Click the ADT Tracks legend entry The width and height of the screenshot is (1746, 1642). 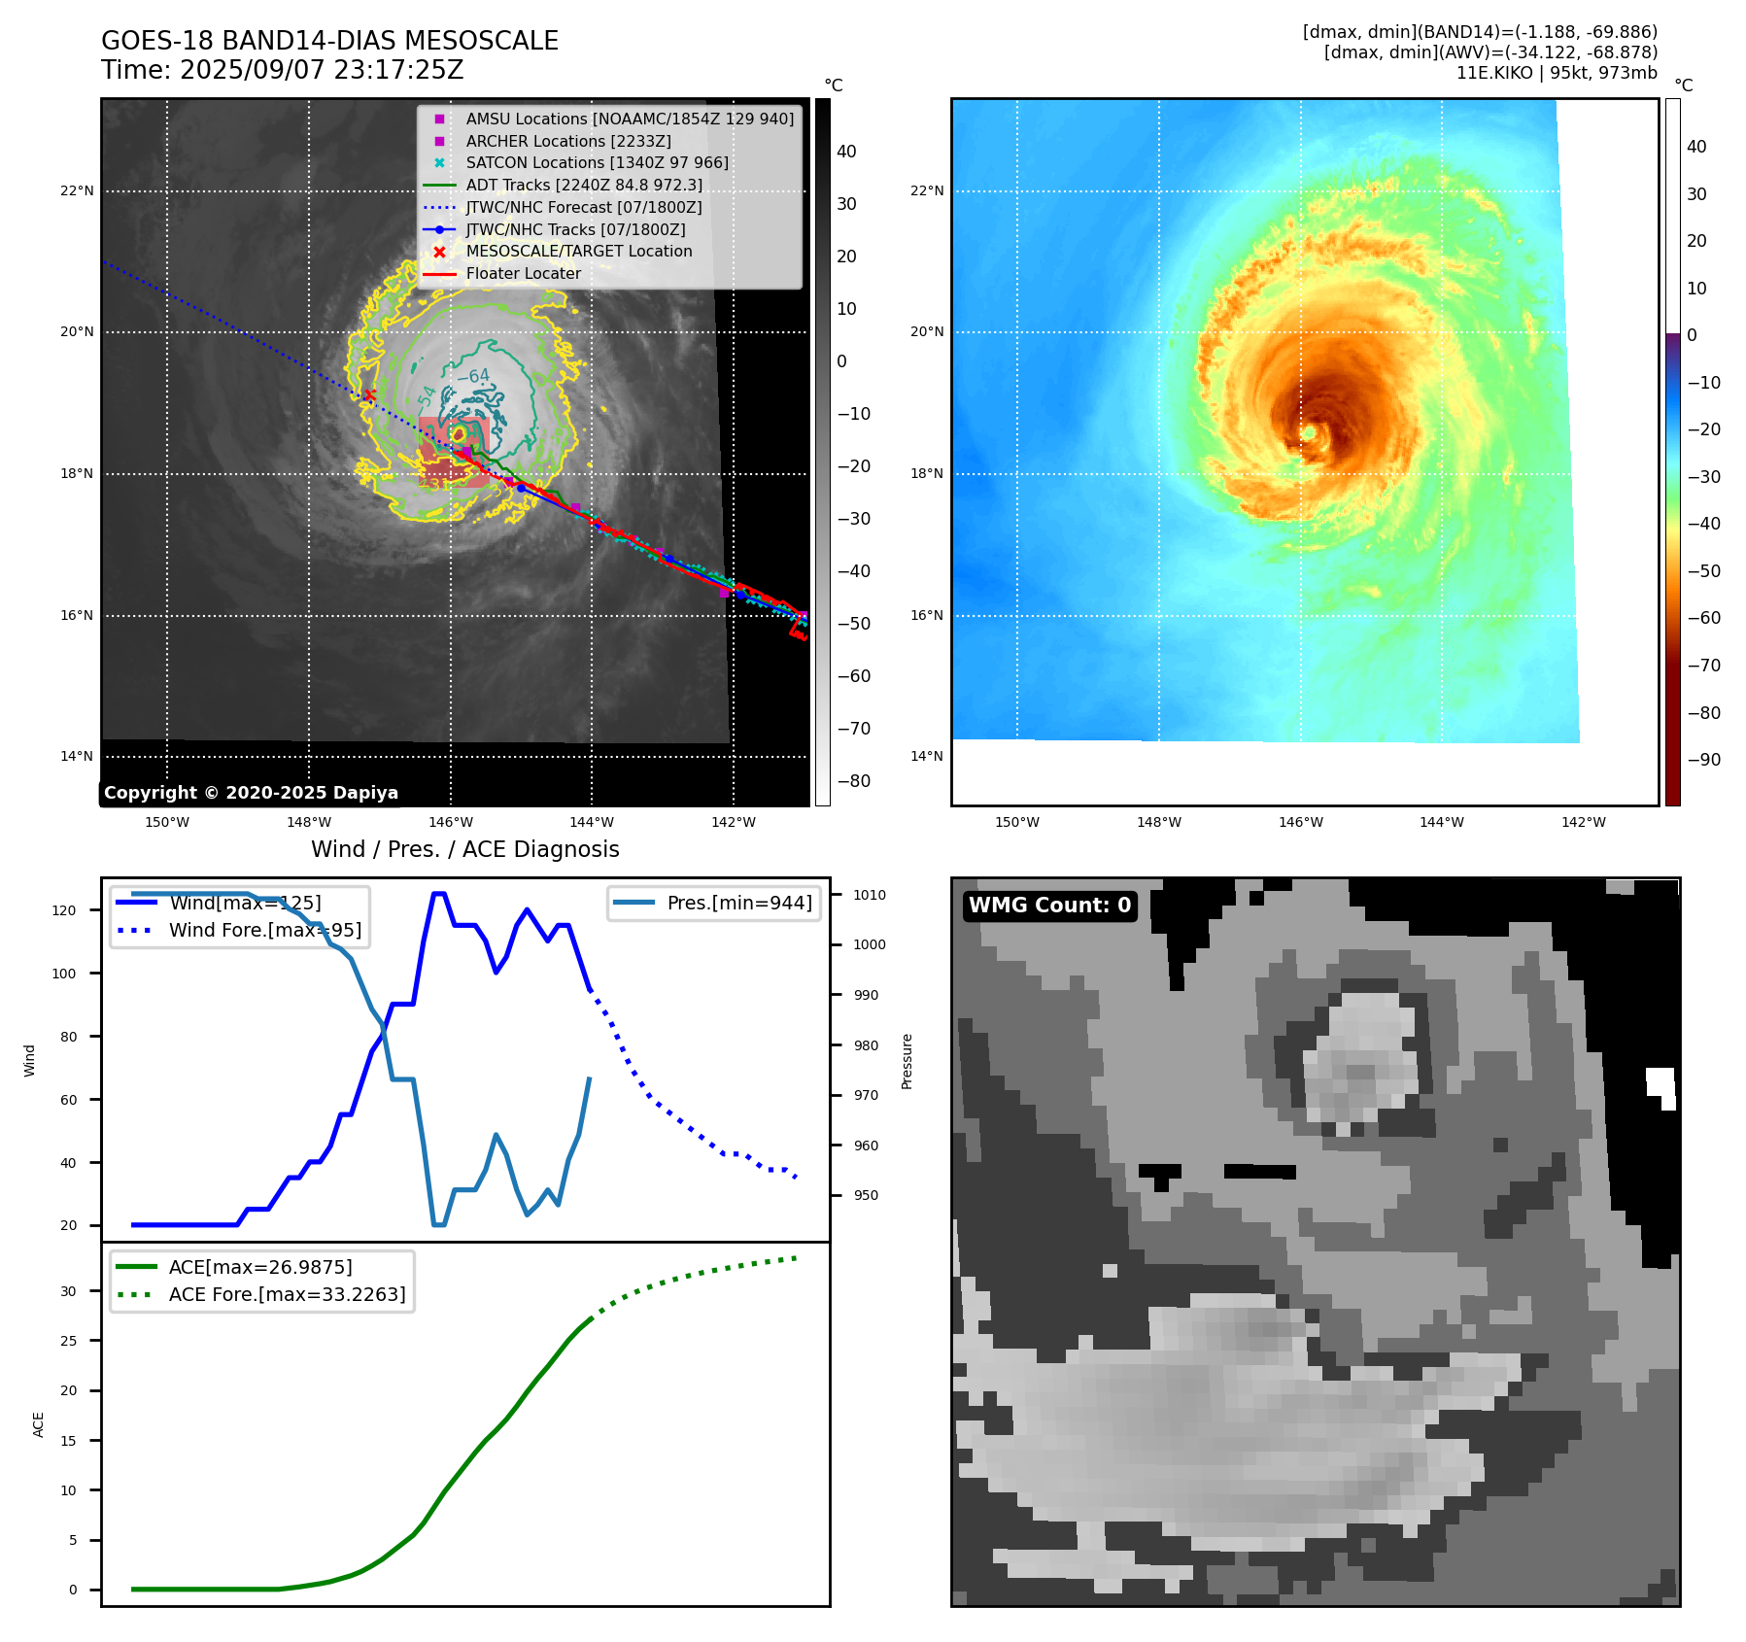[x=583, y=185]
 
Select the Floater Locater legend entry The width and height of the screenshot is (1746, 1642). [x=523, y=273]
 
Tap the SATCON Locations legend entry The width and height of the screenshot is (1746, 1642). [x=597, y=162]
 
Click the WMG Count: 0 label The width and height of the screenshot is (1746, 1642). [x=1049, y=906]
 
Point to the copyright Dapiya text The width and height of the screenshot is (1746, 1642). [x=251, y=793]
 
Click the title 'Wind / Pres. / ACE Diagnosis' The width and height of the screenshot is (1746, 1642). [x=464, y=849]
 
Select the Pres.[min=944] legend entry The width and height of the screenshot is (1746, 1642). [x=738, y=903]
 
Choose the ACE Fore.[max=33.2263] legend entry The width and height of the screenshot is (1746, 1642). [x=287, y=1294]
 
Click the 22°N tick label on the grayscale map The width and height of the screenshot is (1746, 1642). [x=77, y=190]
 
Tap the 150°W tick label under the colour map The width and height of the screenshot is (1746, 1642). [x=1016, y=822]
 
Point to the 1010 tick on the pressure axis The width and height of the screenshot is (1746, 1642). [x=870, y=895]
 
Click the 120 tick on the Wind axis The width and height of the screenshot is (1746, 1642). [x=64, y=910]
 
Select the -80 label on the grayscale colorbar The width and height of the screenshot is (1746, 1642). [x=854, y=781]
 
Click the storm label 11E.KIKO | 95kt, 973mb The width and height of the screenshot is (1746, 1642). [x=1557, y=73]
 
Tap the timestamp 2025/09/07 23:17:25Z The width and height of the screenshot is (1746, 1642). [x=322, y=71]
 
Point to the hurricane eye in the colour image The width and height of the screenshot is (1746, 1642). [x=1309, y=431]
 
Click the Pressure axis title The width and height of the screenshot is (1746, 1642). [x=907, y=1061]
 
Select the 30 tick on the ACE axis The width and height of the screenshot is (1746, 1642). [x=68, y=1291]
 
